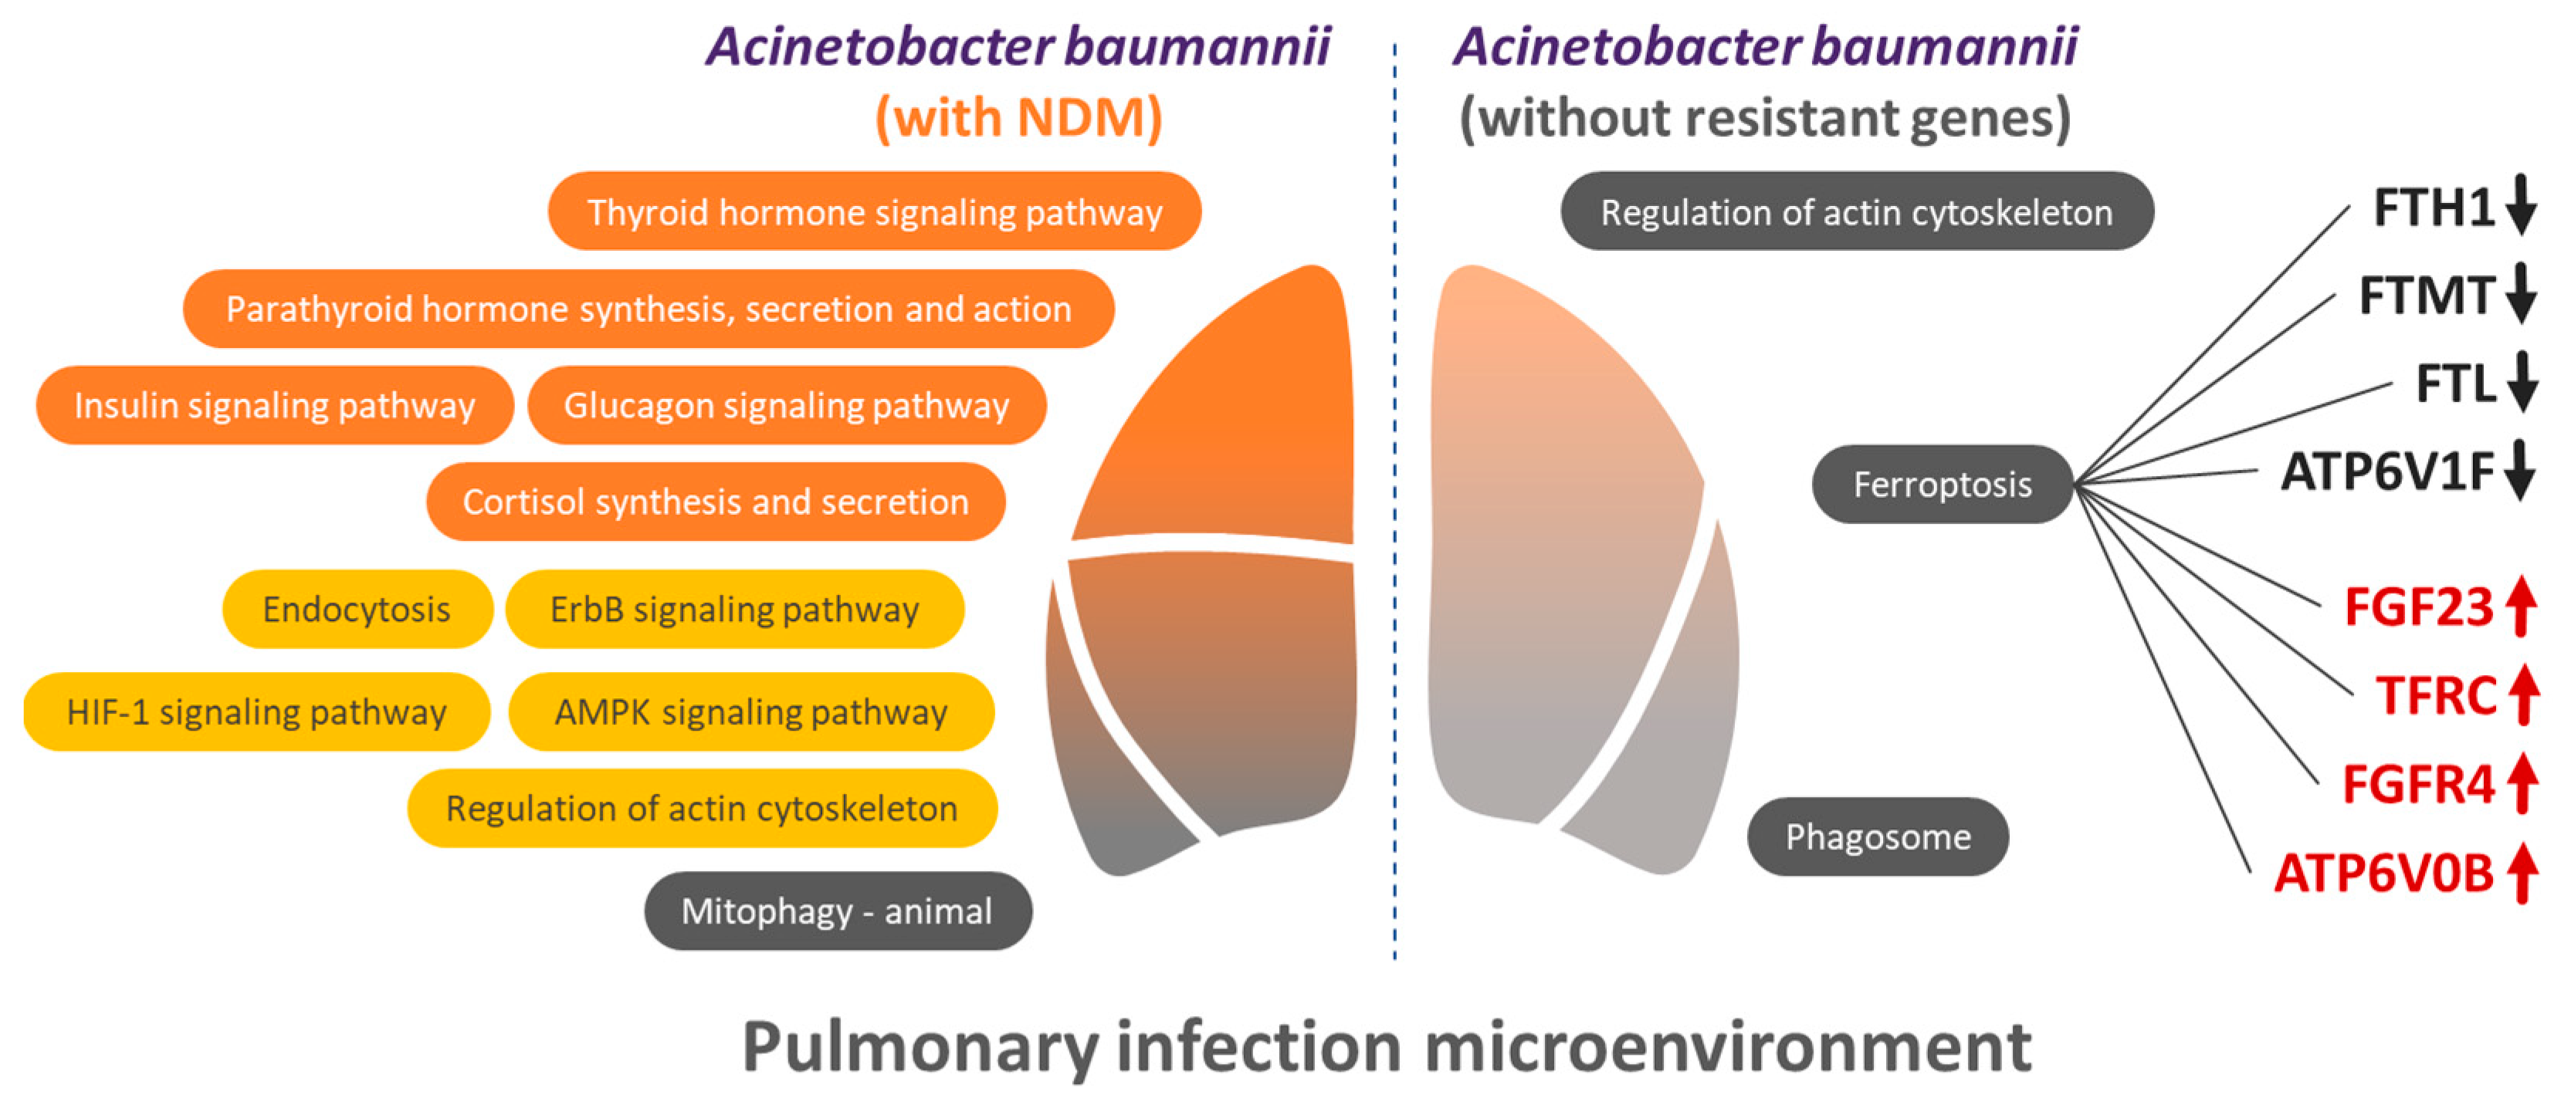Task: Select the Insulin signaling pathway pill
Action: [x=275, y=405]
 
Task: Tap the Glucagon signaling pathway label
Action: [x=786, y=405]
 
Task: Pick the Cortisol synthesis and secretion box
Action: [x=715, y=502]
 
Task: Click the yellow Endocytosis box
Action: [x=357, y=609]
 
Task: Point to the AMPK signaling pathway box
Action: [x=750, y=711]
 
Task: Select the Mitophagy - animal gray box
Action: [x=837, y=910]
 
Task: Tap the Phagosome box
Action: [x=1877, y=836]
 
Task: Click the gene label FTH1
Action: [x=2433, y=208]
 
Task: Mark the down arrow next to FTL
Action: [x=2522, y=383]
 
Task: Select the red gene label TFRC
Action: [x=2435, y=696]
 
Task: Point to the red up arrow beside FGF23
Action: [x=2522, y=606]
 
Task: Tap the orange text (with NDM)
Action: [x=1018, y=117]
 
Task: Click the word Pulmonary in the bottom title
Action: [x=918, y=1046]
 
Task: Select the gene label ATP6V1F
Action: [x=2386, y=471]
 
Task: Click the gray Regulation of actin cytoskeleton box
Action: [x=1856, y=211]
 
